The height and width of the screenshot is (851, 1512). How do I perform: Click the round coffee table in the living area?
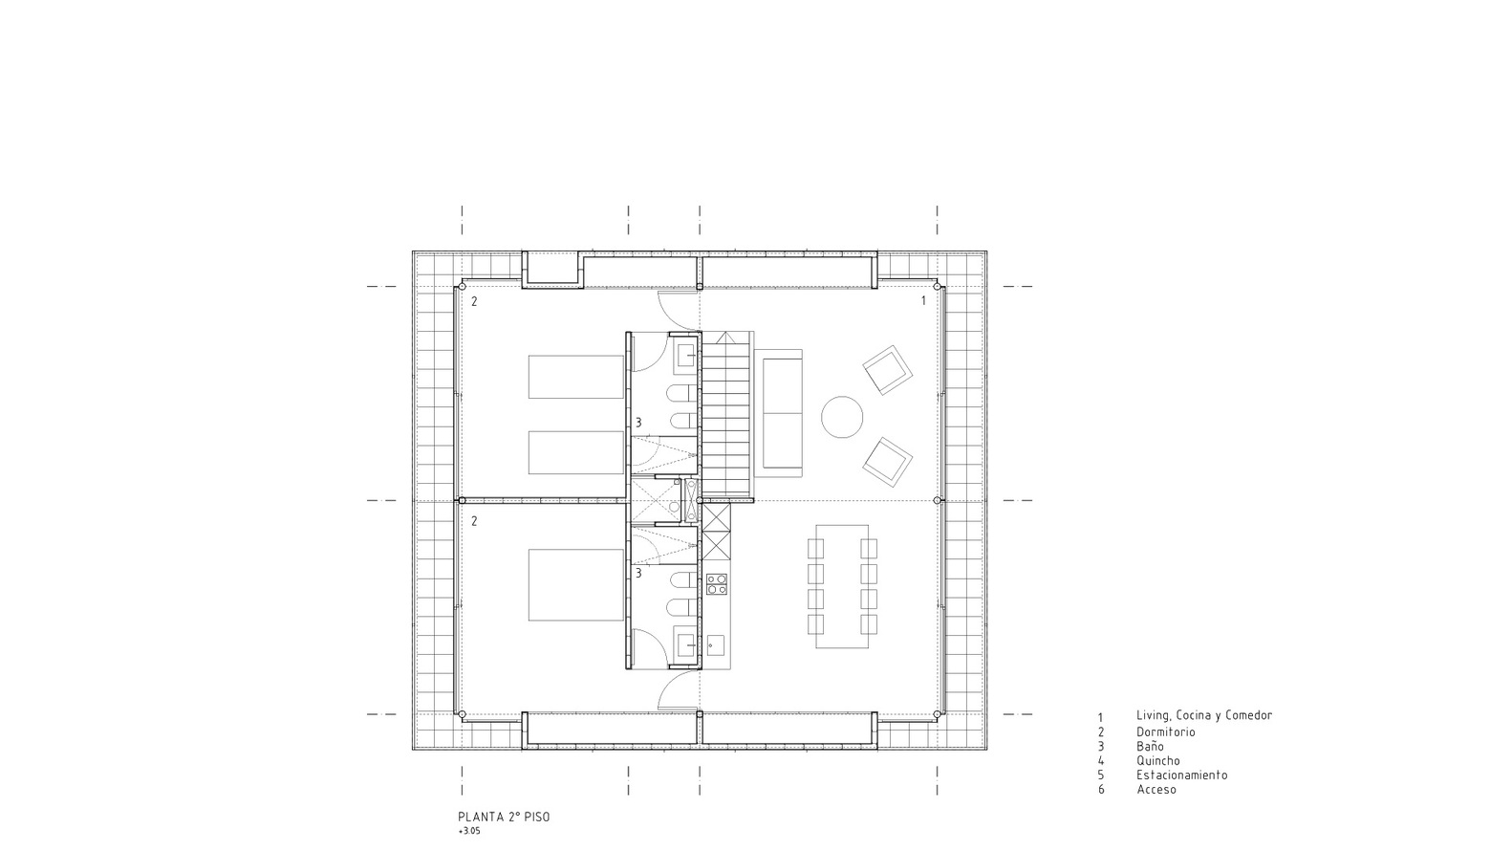842,417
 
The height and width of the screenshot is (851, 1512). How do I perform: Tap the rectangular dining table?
842,586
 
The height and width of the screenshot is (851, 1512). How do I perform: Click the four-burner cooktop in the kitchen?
716,584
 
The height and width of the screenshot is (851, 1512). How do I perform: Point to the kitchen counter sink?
715,644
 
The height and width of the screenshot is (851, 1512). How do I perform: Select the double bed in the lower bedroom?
575,585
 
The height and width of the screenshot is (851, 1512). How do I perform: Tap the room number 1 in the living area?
924,301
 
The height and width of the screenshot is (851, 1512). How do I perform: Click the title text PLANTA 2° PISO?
504,818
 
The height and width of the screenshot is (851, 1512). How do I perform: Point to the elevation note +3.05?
469,832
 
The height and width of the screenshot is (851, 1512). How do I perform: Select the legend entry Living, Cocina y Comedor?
1204,715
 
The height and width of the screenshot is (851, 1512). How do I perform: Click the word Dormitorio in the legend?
1166,732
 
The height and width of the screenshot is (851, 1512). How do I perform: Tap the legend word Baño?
1150,747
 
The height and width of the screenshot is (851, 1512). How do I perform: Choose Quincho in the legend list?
1158,760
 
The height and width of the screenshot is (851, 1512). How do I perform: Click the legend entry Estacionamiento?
1182,775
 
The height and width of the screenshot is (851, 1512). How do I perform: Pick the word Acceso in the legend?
1156,790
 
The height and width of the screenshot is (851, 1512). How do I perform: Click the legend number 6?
1101,790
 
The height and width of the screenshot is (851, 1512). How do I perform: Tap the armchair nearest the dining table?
887,463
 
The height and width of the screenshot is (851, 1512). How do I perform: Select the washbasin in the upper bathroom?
687,356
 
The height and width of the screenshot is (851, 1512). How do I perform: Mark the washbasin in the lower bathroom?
687,645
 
